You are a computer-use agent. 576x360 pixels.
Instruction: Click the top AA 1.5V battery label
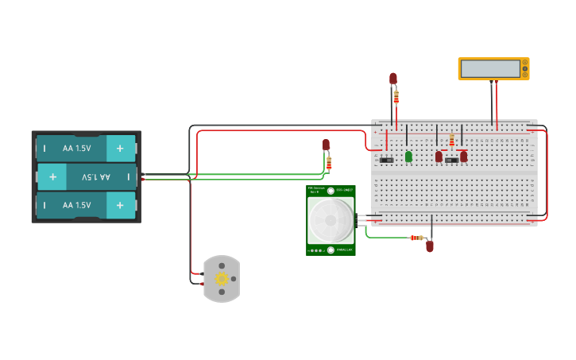tap(77, 148)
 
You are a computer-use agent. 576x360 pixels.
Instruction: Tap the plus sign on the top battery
tap(120, 148)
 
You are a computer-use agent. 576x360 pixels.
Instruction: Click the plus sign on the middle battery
tap(52, 176)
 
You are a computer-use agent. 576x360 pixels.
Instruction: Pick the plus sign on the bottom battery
tap(120, 205)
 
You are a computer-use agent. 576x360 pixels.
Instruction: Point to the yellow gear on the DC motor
tap(222, 278)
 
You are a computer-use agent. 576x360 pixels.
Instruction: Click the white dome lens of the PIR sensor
tap(331, 221)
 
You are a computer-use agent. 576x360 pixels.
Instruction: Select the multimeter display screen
tap(490, 69)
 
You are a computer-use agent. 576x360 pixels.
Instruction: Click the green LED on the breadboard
tap(408, 157)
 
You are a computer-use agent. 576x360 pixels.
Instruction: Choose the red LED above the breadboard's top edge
tap(392, 78)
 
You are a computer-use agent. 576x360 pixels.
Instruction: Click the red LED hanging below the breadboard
tap(430, 246)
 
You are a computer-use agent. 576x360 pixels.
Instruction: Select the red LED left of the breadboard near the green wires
tap(326, 145)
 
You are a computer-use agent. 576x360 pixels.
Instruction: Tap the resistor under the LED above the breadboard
tap(396, 97)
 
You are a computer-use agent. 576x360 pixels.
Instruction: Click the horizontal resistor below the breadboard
tap(416, 238)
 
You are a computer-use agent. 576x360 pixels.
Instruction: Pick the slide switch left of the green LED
tap(387, 161)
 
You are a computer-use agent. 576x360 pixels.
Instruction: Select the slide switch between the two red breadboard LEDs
tap(450, 161)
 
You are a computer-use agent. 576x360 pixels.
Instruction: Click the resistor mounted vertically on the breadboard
tap(452, 141)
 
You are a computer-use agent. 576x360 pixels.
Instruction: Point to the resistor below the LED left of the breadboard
tap(329, 163)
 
